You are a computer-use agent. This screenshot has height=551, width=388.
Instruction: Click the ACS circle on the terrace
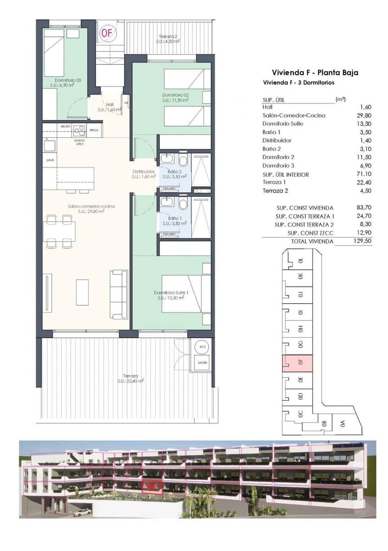[201, 346]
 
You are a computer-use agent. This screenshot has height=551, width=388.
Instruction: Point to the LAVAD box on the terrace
[202, 362]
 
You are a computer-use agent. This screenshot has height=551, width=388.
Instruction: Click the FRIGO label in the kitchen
[94, 130]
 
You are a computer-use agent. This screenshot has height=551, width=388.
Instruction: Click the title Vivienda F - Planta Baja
[315, 73]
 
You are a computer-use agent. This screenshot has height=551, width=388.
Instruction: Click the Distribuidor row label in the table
[277, 141]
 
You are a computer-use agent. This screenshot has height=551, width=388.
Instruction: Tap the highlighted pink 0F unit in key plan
[298, 363]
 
